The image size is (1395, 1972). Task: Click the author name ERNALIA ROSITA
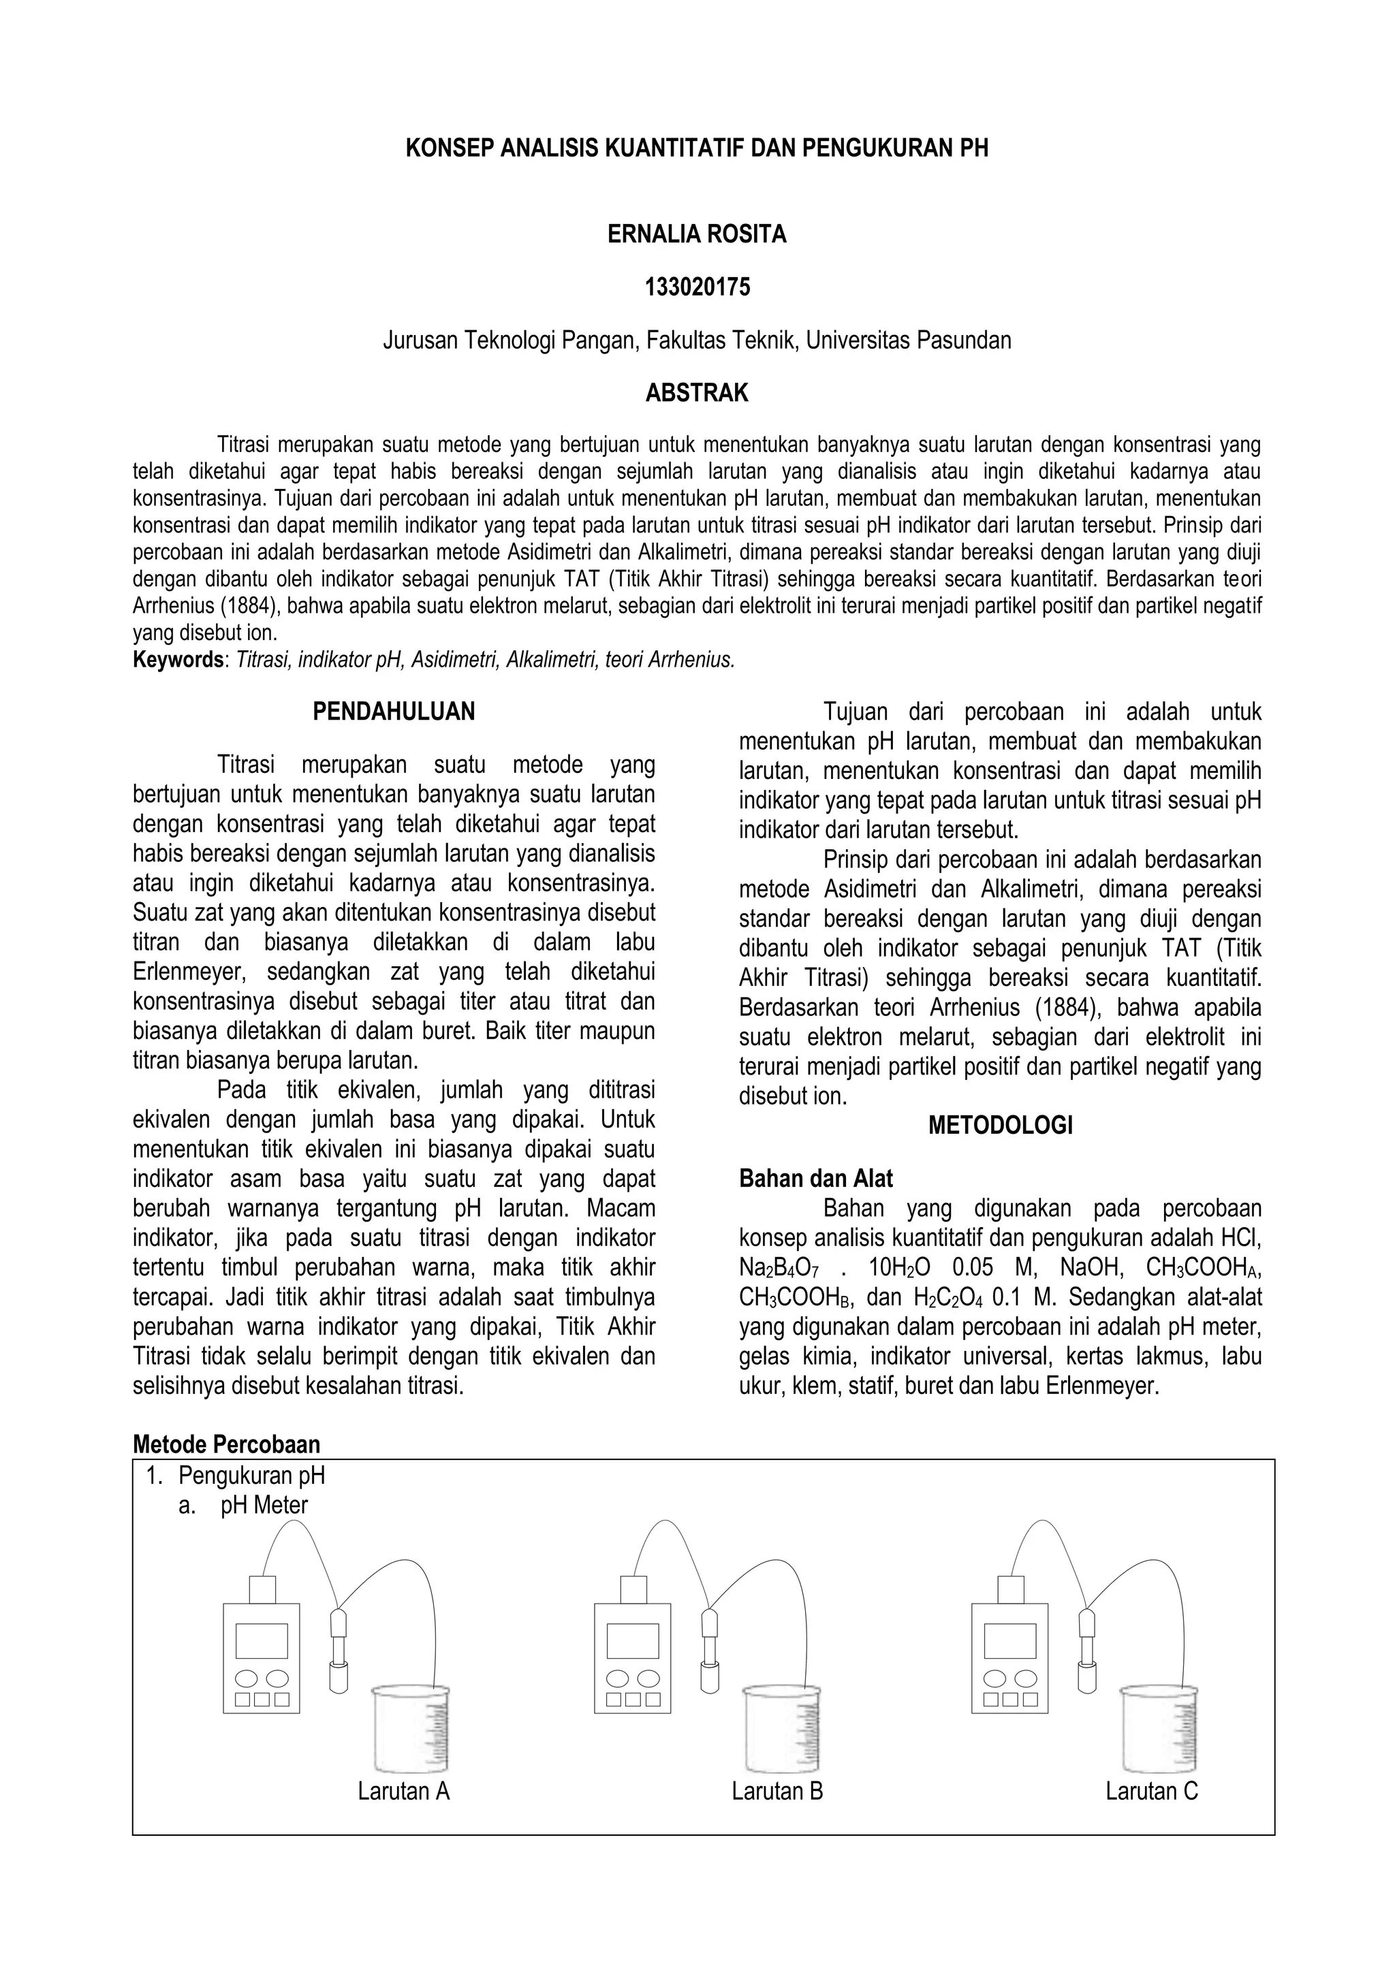pos(697,234)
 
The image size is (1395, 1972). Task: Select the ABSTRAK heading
pos(697,394)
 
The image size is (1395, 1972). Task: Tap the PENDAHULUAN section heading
pos(394,711)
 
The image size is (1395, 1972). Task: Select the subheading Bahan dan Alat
pos(815,1179)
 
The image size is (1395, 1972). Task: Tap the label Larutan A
pos(404,1791)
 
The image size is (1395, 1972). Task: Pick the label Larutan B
pos(777,1791)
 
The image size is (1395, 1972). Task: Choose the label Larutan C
pos(1151,1791)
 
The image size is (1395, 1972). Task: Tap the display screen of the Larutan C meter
pos(1009,1641)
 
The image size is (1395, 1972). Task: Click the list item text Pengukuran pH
pos(251,1476)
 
